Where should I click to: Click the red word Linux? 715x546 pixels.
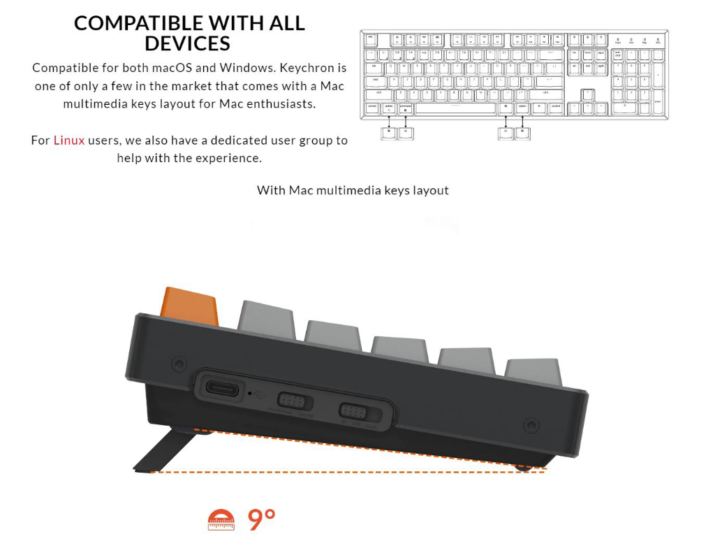click(x=69, y=140)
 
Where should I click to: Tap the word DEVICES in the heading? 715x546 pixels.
click(x=187, y=43)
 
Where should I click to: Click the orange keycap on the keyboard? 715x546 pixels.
click(x=189, y=306)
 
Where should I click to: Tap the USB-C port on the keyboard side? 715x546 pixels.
click(x=222, y=389)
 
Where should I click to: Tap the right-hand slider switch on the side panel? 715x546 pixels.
click(x=353, y=411)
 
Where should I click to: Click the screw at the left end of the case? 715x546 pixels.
click(x=179, y=364)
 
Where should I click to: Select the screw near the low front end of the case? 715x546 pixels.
click(x=530, y=425)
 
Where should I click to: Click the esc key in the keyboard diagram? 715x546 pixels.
click(x=370, y=36)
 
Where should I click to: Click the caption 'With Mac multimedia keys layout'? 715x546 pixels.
click(x=353, y=190)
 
